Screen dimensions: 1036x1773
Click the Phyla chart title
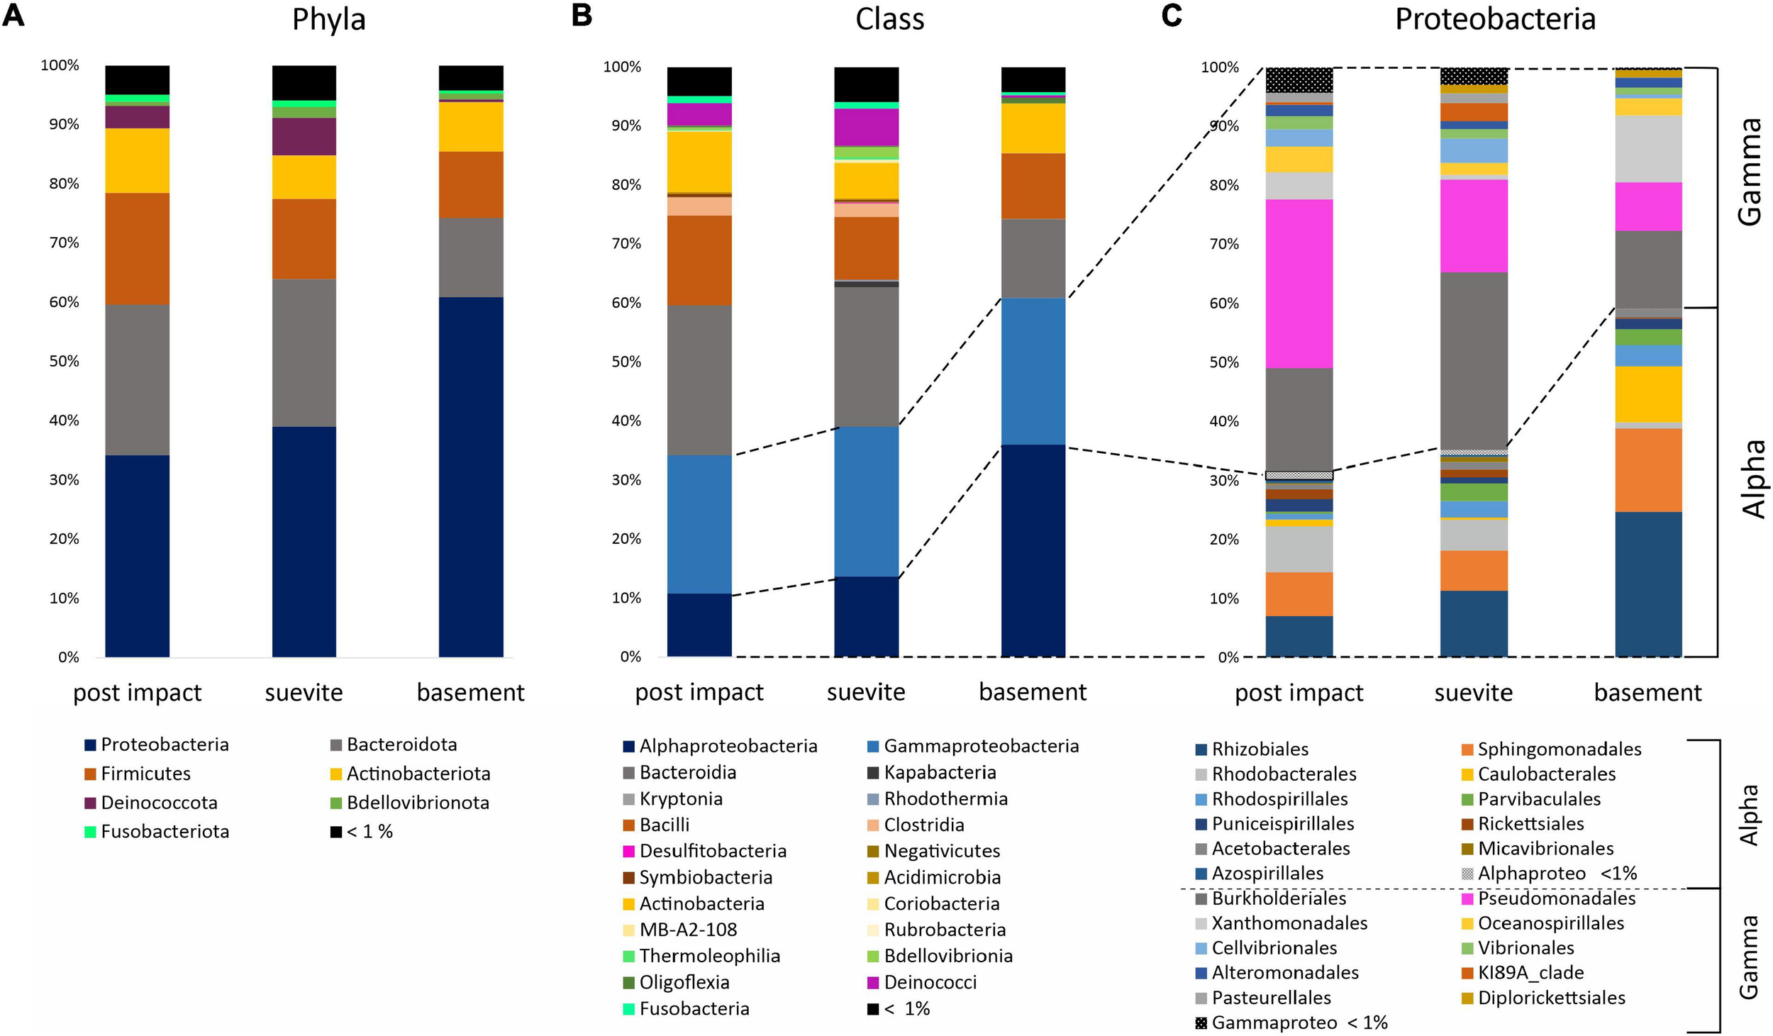[328, 20]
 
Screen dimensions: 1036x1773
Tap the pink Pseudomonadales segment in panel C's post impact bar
[1299, 284]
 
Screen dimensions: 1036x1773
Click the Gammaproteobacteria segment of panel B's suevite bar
[866, 501]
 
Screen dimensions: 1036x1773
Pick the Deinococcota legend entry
[158, 802]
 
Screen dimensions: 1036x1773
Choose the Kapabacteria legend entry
[939, 772]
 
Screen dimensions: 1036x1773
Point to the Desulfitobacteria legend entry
[712, 850]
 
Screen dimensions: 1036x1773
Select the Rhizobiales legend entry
[1259, 749]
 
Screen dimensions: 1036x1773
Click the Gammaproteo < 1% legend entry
[1299, 1023]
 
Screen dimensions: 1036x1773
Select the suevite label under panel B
[866, 692]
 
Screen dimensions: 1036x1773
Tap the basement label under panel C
[1647, 692]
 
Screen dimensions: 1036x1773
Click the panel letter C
[1171, 16]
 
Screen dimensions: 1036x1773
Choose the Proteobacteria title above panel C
[1495, 20]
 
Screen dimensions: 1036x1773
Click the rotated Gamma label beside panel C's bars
[1750, 172]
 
